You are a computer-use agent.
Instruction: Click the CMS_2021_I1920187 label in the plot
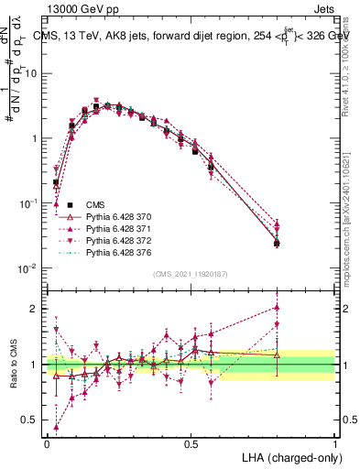coord(191,274)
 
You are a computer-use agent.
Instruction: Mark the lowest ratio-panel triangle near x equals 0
coord(57,427)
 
